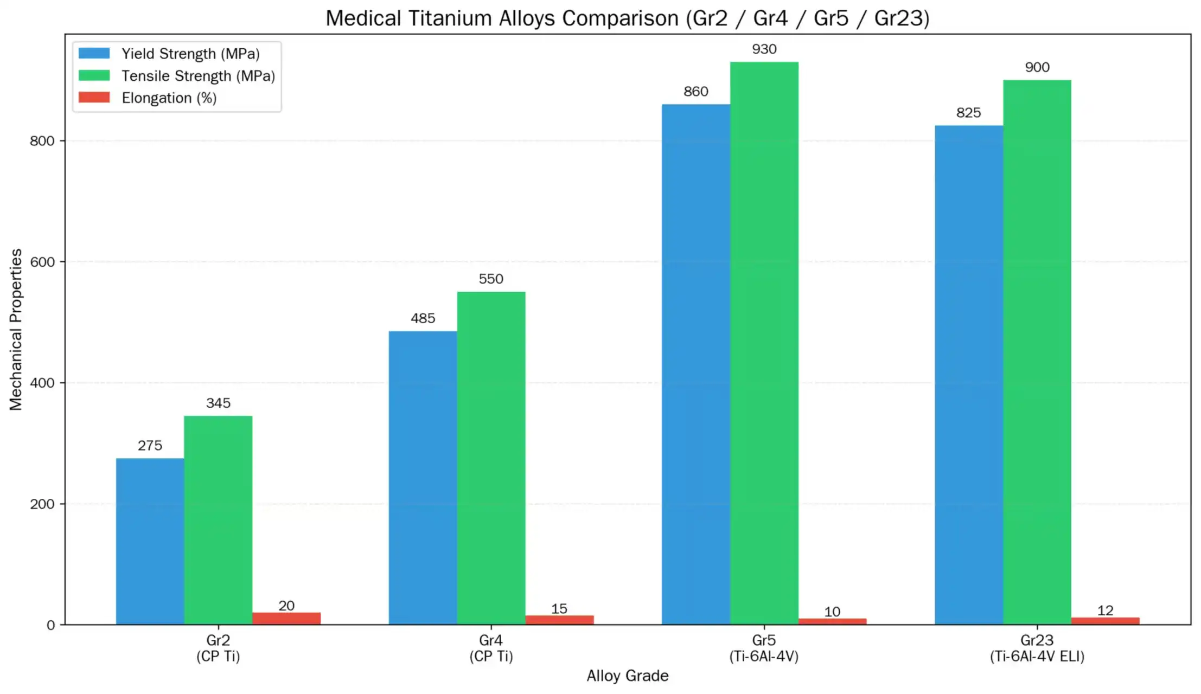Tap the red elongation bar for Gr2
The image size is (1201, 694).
coord(286,618)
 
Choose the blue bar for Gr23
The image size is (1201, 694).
coord(968,375)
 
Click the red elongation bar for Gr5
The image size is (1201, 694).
coord(832,621)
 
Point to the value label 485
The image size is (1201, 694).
coord(423,318)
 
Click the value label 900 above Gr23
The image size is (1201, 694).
coord(1037,68)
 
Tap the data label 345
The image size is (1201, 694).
coord(218,403)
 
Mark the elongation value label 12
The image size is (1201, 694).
coord(1105,611)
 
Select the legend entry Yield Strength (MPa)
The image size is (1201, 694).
coord(190,54)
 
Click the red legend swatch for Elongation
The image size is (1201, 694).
coord(94,98)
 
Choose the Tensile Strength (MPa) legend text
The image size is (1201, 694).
coord(198,76)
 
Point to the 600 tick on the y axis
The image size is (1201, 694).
coord(42,262)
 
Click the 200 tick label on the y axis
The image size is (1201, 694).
coord(42,504)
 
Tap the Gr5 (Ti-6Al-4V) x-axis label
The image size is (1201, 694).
coord(764,648)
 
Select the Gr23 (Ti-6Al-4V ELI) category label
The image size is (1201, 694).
coord(1037,648)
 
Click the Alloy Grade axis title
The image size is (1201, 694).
coord(627,676)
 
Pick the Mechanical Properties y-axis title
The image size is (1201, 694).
coord(16,330)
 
